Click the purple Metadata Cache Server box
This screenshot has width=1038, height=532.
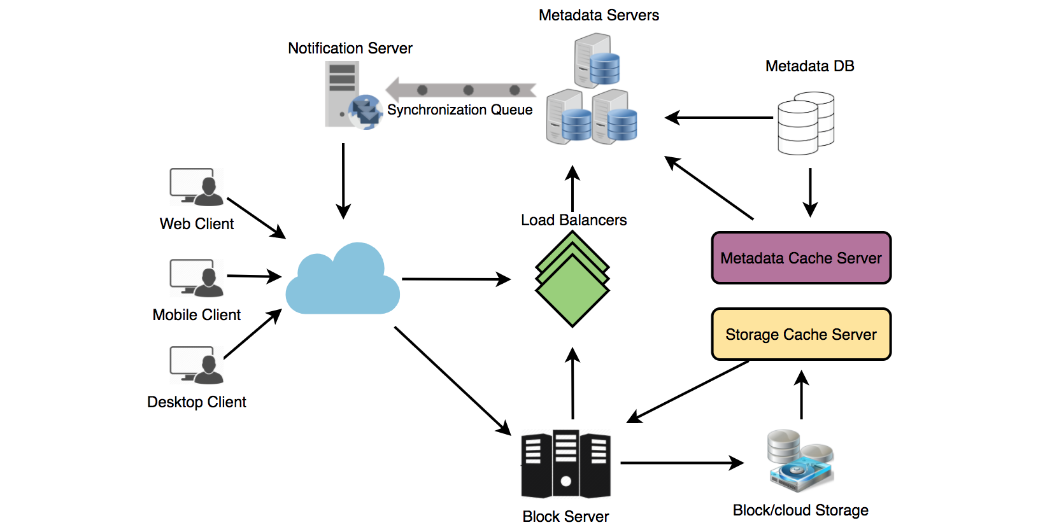click(x=801, y=258)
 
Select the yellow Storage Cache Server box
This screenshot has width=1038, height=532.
click(x=801, y=334)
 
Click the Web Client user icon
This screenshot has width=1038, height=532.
click(x=197, y=187)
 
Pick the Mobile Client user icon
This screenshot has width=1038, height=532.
click(x=197, y=278)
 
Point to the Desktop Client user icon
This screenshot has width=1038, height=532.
click(x=197, y=365)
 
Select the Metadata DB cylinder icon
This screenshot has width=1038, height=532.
click(x=806, y=123)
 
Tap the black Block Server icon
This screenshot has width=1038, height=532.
click(x=565, y=464)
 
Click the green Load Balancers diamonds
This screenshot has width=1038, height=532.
click(x=572, y=279)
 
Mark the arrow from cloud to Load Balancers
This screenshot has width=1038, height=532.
click(x=456, y=279)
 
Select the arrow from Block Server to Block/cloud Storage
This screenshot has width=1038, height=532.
click(x=681, y=463)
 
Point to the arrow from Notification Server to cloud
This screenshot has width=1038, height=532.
click(x=343, y=181)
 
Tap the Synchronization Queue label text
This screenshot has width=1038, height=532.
click(x=460, y=109)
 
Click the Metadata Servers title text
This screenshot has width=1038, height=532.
click(x=599, y=15)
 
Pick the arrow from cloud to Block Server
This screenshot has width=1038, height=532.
click(x=452, y=381)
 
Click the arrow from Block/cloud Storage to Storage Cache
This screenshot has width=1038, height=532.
click(x=802, y=395)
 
